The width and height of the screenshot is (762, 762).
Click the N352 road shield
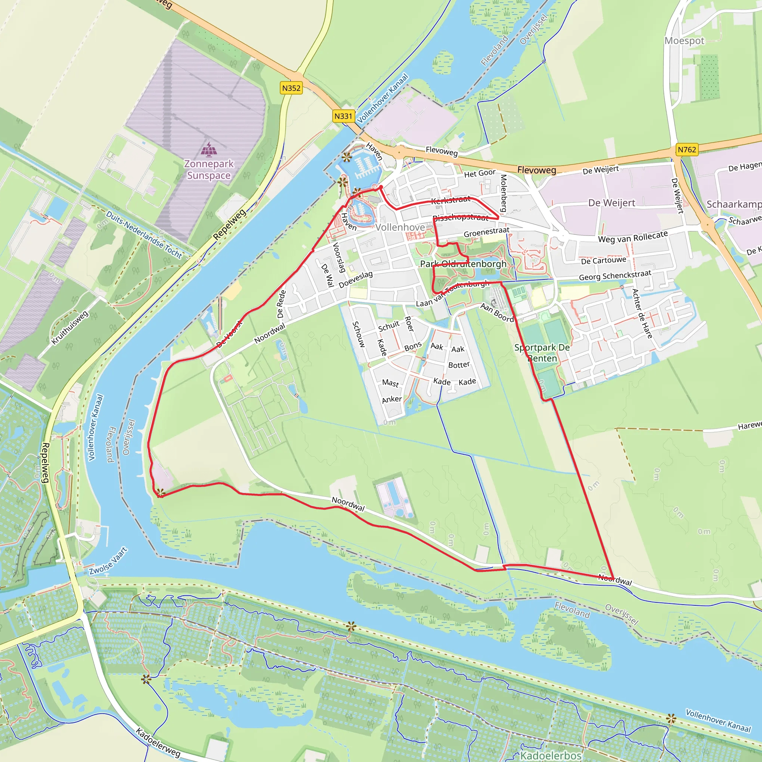click(x=291, y=88)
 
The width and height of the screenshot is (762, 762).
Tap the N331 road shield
click(x=343, y=116)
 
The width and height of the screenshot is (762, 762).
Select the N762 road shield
click(x=687, y=150)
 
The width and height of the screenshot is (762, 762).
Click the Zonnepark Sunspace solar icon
click(x=209, y=150)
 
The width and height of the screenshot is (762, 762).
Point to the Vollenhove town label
click(x=400, y=227)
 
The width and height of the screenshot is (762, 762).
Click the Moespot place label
click(x=684, y=41)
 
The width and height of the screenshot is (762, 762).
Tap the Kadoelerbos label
click(x=551, y=755)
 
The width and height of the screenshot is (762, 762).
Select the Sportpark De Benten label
click(x=542, y=353)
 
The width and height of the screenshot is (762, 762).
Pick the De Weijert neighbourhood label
click(x=611, y=203)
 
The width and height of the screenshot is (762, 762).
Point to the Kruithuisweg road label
click(x=70, y=328)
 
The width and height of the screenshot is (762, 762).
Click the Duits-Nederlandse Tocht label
click(x=144, y=235)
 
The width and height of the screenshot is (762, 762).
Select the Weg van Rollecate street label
click(x=633, y=237)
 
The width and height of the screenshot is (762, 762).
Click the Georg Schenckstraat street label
click(x=615, y=275)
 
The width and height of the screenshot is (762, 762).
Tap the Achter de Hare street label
click(x=642, y=314)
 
